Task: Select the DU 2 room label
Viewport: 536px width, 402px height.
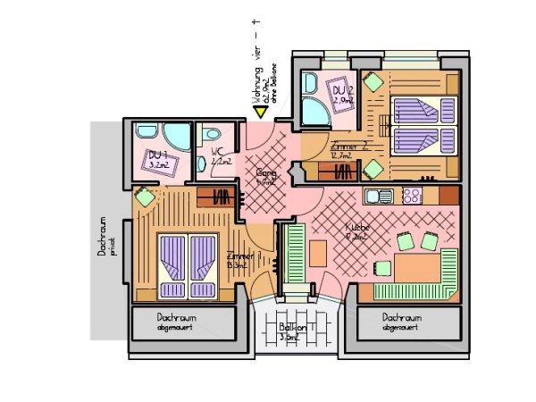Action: [343, 95]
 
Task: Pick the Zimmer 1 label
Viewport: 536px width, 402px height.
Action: [238, 260]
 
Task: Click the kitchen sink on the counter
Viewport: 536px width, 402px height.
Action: [379, 196]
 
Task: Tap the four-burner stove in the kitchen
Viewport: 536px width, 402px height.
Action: [413, 195]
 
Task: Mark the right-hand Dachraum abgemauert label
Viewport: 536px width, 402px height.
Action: [401, 322]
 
